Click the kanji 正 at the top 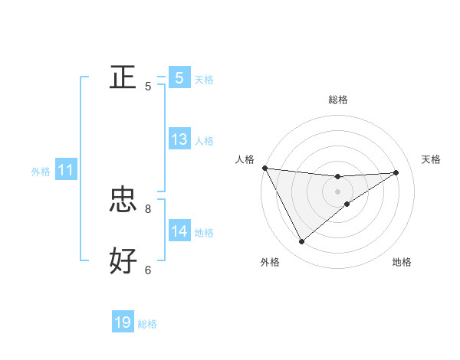pyautogui.click(x=123, y=77)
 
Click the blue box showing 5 pyautogui.click(x=179, y=77)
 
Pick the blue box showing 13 pyautogui.click(x=179, y=139)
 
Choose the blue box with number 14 pyautogui.click(x=179, y=231)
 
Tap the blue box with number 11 pyautogui.click(x=66, y=171)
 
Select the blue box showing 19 pyautogui.click(x=123, y=322)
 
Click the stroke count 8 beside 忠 pyautogui.click(x=148, y=208)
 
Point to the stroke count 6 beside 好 pyautogui.click(x=148, y=270)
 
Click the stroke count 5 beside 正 pyautogui.click(x=148, y=87)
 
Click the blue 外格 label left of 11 pyautogui.click(x=41, y=172)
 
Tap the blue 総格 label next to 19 pyautogui.click(x=147, y=324)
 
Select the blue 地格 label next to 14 pyautogui.click(x=204, y=232)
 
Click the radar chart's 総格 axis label pyautogui.click(x=338, y=100)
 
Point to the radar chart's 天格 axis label pyautogui.click(x=432, y=159)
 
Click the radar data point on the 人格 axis pyautogui.click(x=264, y=168)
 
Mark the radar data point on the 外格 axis pyautogui.click(x=301, y=242)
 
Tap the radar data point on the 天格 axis pyautogui.click(x=396, y=172)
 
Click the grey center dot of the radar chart pyautogui.click(x=338, y=191)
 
